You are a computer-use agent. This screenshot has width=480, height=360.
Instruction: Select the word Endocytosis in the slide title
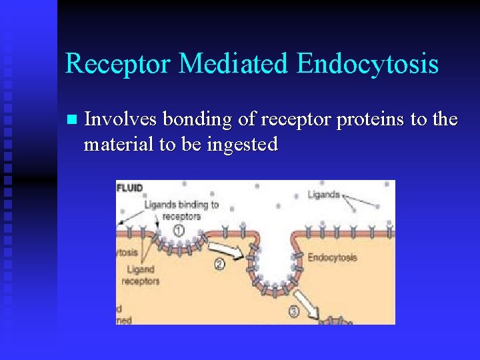coord(367,64)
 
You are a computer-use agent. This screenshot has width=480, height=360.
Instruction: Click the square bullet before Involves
coord(71,120)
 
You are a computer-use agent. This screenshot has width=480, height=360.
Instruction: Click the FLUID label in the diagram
coord(131,188)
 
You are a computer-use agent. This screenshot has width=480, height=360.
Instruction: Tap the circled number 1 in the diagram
coord(179,230)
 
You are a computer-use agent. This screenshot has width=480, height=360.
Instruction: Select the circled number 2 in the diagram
coord(219,263)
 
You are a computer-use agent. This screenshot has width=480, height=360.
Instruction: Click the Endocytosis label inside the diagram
coord(332,257)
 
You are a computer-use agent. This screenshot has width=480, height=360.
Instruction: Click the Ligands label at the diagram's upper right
coord(323,195)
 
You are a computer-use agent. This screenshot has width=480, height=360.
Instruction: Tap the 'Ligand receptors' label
coord(141,275)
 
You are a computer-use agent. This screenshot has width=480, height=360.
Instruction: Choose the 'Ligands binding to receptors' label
coord(181,210)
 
